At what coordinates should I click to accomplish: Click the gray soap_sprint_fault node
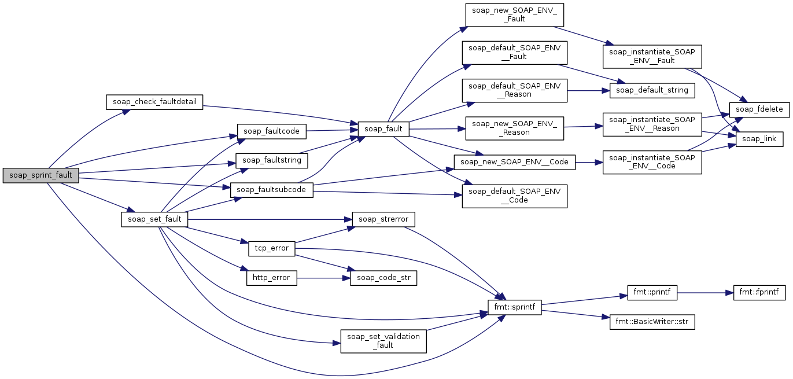coord(40,175)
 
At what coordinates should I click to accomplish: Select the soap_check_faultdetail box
coord(154,102)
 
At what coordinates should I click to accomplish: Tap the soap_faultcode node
coord(271,131)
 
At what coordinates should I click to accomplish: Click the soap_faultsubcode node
coord(271,190)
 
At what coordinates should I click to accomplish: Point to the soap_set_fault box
coord(154,219)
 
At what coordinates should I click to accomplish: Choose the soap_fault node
coord(383,129)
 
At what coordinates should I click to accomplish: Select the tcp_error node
coord(272,248)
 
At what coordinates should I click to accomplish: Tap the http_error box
coord(272,278)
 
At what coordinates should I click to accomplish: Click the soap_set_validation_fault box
coord(383,341)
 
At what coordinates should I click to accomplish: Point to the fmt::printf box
coord(652,292)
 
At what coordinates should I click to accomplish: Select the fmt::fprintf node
coord(759,292)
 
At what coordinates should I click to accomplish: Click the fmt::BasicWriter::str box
coord(652,322)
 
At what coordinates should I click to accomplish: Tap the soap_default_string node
coord(652,90)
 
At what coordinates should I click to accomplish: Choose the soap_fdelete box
coord(759,109)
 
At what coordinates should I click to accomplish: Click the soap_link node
coord(759,139)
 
